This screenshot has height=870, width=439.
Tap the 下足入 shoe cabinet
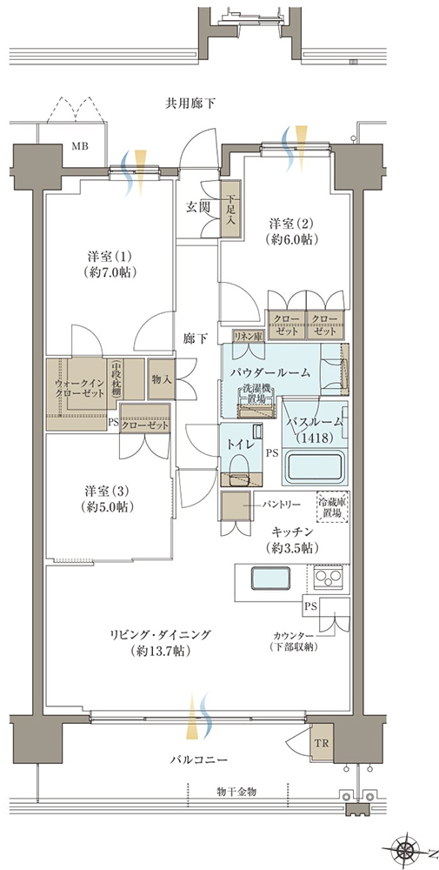[x=230, y=209]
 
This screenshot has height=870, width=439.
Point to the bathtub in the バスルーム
[x=315, y=466]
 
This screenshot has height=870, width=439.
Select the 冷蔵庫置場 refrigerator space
[x=333, y=506]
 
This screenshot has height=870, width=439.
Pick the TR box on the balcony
[x=321, y=743]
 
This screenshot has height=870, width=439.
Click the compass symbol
[x=409, y=847]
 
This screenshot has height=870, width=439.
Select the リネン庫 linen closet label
[x=247, y=336]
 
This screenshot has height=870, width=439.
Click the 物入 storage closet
[x=162, y=379]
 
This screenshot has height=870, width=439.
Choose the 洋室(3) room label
[x=108, y=499]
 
